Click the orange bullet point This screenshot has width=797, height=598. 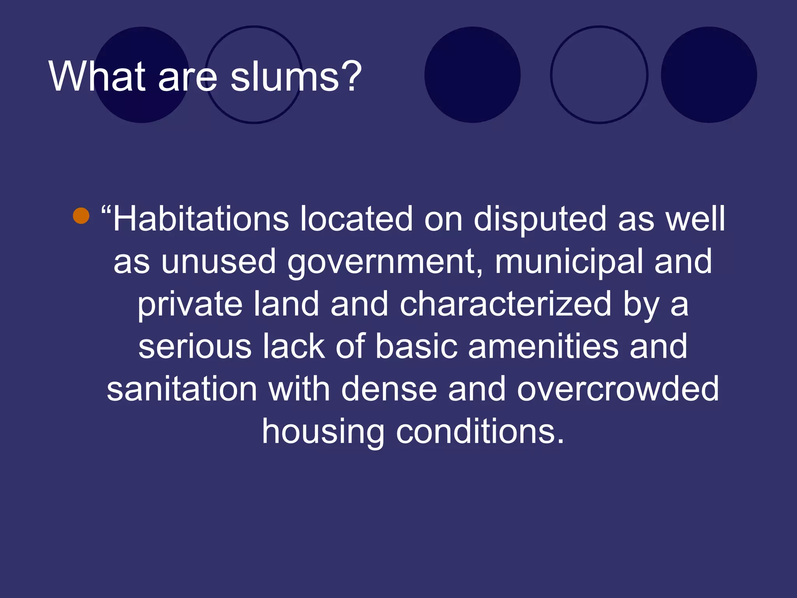[81, 216]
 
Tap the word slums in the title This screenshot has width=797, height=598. [285, 76]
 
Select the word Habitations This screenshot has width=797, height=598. [201, 219]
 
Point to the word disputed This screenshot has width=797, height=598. [540, 219]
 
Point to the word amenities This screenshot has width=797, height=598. [543, 346]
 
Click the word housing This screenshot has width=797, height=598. [323, 432]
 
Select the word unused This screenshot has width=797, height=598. [219, 262]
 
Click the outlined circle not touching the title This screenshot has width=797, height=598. [599, 75]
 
